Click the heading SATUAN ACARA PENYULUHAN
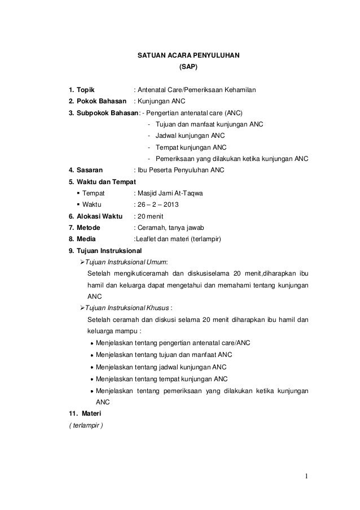[188, 56]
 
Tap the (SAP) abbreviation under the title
[188, 67]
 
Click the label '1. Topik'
[81, 90]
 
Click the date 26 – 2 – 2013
[155, 205]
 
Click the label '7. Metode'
[85, 228]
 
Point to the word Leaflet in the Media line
[145, 239]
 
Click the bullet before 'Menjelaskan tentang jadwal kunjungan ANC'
[91, 367]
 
